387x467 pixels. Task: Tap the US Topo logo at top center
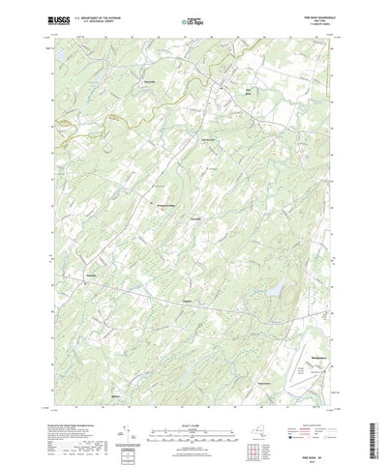tap(193, 18)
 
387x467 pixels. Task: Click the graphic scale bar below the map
tap(193, 426)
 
